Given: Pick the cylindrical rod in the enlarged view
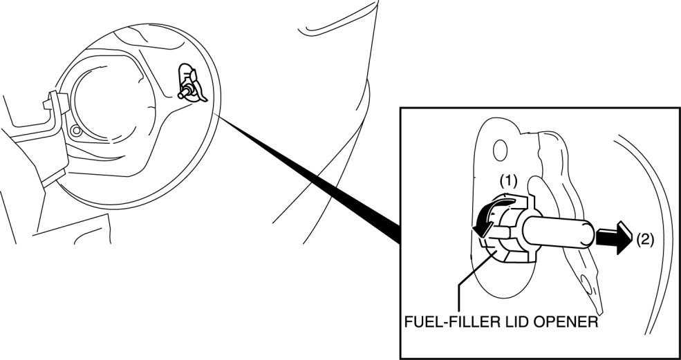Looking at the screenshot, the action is click(x=561, y=234).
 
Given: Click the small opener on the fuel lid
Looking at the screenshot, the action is click(x=189, y=85).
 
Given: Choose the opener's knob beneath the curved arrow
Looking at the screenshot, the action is click(x=505, y=238).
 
